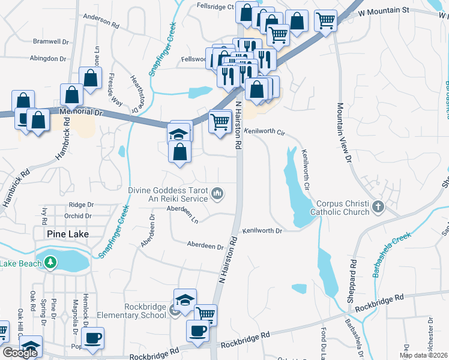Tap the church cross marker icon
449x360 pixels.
tap(378, 207)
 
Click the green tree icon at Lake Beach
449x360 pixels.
tap(51, 262)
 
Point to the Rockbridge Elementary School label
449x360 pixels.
tap(145, 311)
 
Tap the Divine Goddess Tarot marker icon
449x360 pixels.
tap(217, 193)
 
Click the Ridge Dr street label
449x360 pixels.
tap(81, 205)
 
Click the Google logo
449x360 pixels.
tap(20, 353)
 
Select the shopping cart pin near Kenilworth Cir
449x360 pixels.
tap(220, 122)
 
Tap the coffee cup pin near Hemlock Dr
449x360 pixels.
tap(92, 338)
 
